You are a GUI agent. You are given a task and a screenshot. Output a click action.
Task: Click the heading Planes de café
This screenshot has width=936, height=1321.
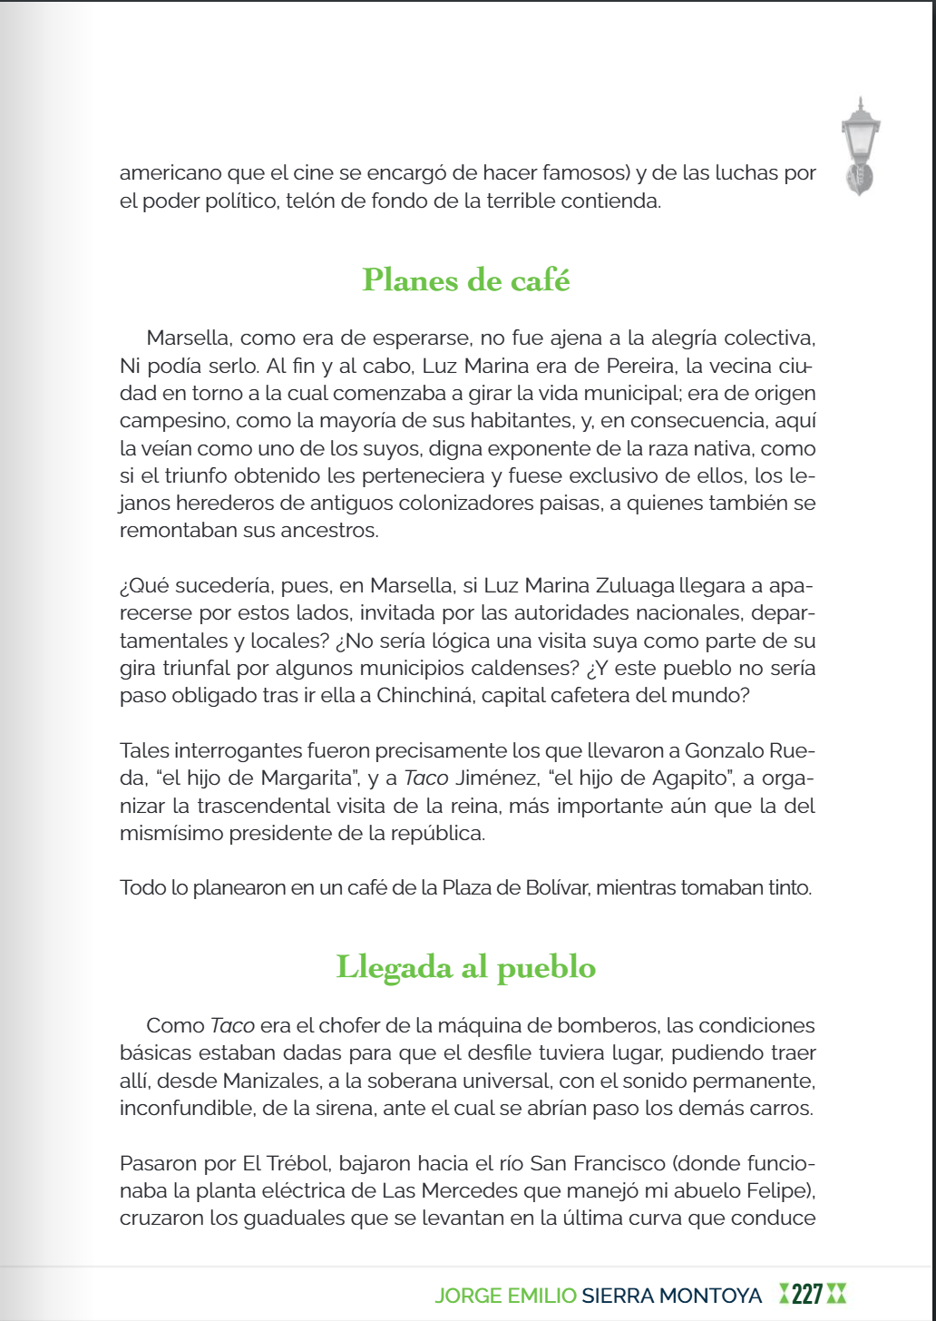click(466, 280)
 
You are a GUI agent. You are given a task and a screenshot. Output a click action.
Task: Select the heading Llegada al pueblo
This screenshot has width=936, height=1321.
click(466, 967)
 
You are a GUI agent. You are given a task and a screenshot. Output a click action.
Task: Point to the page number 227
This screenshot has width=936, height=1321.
click(807, 1295)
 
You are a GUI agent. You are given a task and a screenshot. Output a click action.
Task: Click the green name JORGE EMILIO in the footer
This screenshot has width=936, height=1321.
click(505, 1296)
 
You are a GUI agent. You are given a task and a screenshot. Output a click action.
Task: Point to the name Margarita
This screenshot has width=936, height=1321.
click(309, 778)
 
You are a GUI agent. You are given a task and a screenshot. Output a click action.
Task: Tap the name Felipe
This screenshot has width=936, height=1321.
click(787, 1190)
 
